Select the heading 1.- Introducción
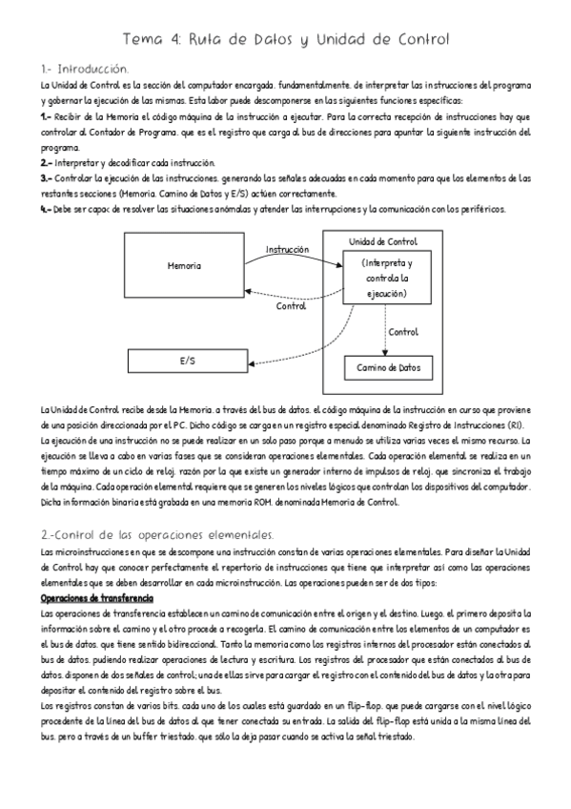tap(84, 70)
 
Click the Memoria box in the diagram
tap(184, 264)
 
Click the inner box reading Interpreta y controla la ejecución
tap(387, 278)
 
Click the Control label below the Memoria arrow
tap(290, 306)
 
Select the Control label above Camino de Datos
tap(403, 332)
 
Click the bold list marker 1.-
tap(46, 116)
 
